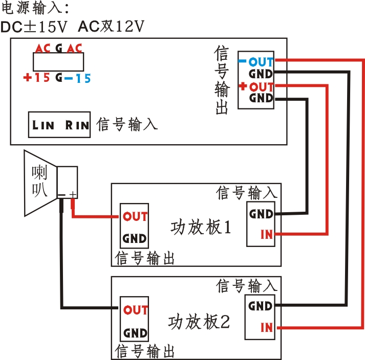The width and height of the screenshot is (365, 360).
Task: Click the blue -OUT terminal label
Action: [258, 61]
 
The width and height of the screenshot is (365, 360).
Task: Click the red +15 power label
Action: [37, 79]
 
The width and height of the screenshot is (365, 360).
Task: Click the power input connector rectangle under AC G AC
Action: [58, 62]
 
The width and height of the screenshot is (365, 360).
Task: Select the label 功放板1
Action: [200, 227]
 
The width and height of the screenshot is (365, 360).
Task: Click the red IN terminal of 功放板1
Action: [266, 234]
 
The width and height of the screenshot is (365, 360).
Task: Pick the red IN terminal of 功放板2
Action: [266, 327]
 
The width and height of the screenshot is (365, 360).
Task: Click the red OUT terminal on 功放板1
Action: [135, 216]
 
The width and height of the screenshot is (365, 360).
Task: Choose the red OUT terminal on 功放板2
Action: [136, 310]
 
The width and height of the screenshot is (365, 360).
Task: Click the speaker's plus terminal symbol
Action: [73, 194]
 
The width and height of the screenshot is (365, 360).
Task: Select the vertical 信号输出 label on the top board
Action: [222, 81]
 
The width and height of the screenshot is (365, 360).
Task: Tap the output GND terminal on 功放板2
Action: [135, 333]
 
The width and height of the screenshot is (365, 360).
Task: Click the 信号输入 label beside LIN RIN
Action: [126, 124]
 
